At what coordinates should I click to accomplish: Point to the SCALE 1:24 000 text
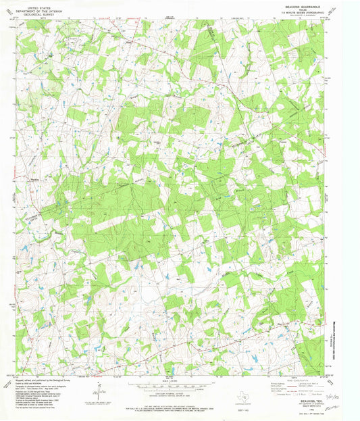[179, 380]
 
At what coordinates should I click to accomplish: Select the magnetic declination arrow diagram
[100, 391]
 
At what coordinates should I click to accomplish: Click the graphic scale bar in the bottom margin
[179, 386]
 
